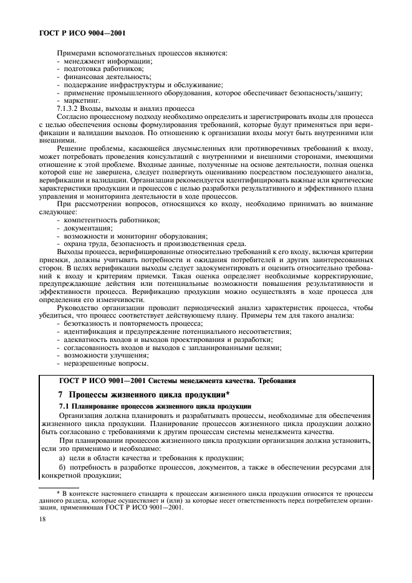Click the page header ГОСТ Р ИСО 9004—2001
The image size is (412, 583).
(78, 31)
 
